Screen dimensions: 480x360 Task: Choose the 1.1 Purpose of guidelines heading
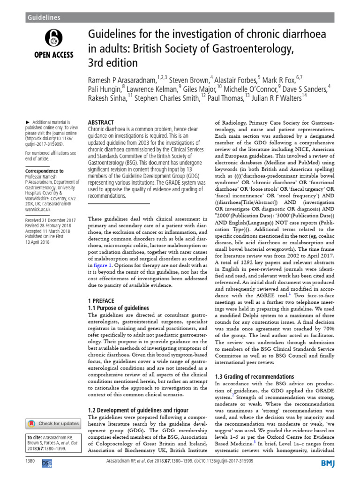click(119, 308)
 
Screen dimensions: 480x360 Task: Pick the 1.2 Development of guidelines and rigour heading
click(138, 410)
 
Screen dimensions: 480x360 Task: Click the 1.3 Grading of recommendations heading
click(254, 376)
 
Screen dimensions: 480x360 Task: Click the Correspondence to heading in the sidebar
click(44, 171)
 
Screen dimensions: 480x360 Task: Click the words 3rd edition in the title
click(113, 62)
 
